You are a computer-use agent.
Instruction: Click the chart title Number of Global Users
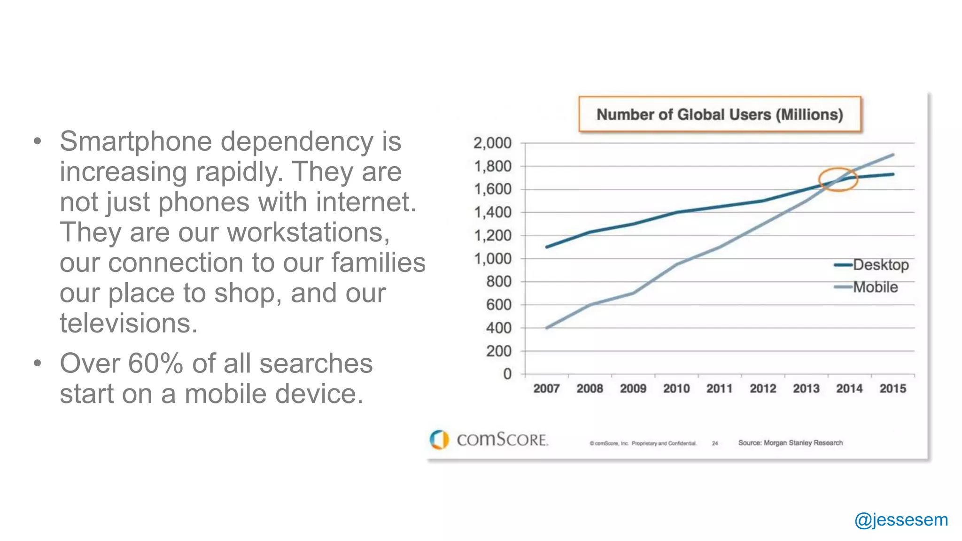pos(720,115)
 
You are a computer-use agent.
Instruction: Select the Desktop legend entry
pos(880,265)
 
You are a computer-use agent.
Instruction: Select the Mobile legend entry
pos(875,287)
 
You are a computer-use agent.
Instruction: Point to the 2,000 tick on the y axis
pos(492,143)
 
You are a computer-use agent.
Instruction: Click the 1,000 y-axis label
pos(492,258)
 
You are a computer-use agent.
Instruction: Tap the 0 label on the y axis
pos(507,374)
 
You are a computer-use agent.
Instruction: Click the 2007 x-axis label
pos(546,388)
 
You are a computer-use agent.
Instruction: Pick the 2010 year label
pos(676,388)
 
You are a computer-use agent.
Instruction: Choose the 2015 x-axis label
pos(892,388)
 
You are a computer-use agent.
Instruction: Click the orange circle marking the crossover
pos(838,179)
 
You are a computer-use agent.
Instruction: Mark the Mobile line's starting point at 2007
pos(547,328)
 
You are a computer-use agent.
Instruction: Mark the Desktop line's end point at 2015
pos(892,174)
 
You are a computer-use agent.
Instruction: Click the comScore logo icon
pos(439,440)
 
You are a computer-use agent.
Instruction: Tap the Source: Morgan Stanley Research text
pos(790,443)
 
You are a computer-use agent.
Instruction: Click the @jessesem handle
pos(901,520)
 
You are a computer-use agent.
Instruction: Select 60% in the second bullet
pos(155,363)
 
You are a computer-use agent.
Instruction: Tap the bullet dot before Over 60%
pos(38,363)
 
